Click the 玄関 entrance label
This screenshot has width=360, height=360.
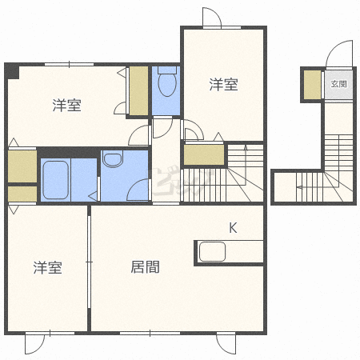coord(338,84)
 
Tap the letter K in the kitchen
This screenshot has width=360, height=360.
coord(233,228)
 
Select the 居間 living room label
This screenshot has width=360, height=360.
coord(145,267)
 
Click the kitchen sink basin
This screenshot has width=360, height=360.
coord(212,251)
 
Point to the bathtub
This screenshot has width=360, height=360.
coord(55,180)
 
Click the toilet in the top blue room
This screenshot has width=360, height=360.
coord(167,81)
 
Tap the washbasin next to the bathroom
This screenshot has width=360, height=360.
coord(113,159)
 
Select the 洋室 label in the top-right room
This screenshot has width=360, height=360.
coord(223,84)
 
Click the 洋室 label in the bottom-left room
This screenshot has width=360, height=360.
coord(48,268)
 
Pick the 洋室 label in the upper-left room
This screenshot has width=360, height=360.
coord(66,105)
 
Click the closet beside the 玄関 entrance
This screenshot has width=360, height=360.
coord(312,85)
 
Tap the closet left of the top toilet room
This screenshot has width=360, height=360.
coord(138,91)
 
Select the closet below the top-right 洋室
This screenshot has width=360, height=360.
coord(204,155)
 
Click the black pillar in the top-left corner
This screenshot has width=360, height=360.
coord(12,71)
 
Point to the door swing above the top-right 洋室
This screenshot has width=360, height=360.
coord(212,17)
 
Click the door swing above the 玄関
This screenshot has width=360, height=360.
coord(339,54)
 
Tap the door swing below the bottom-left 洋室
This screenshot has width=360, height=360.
coord(35,344)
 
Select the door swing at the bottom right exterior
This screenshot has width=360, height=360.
coord(226,344)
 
